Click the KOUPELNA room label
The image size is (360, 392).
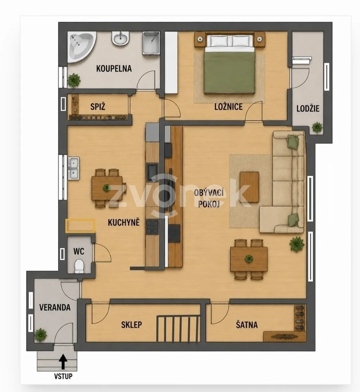[114, 68]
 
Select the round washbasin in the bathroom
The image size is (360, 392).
[120, 39]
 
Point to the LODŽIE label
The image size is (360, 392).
[308, 109]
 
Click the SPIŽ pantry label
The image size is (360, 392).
[98, 107]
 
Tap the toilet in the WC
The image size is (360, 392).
[79, 267]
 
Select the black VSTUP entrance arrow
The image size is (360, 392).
[63, 362]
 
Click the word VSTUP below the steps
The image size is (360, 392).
[63, 376]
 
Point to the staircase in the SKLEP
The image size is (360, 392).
[179, 328]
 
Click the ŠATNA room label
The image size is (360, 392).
[247, 325]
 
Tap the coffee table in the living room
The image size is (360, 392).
[249, 187]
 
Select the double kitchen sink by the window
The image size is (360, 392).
[73, 168]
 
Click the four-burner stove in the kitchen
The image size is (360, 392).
[152, 227]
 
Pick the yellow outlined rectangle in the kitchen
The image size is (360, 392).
[80, 226]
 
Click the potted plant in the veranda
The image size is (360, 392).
[40, 335]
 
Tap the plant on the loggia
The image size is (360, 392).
[317, 127]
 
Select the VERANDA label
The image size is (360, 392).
[55, 307]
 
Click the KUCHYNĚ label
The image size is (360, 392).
[124, 222]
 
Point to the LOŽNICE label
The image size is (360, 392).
[229, 107]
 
